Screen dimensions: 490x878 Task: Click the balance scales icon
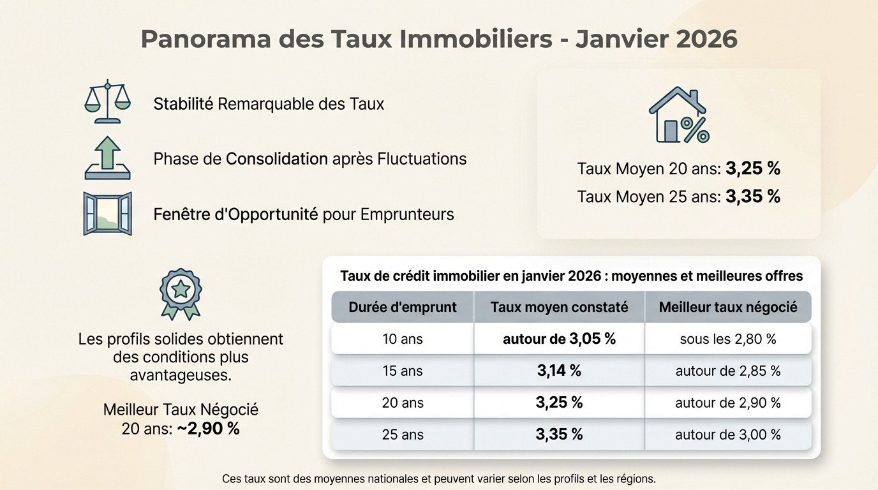107,102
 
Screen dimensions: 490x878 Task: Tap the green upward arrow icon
107,158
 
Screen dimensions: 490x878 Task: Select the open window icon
107,214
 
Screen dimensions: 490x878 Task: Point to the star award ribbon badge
181,293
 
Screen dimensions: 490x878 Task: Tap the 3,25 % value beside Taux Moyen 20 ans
753,168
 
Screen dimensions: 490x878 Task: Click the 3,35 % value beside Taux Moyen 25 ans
753,197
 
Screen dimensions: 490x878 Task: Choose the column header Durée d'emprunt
403,307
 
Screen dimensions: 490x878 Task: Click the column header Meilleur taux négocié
728,307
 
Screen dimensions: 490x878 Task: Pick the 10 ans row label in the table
403,339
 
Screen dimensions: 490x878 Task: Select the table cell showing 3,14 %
559,371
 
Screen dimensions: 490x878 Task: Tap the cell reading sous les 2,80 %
728,339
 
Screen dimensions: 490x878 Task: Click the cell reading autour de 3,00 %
728,434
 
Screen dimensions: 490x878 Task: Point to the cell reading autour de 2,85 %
728,371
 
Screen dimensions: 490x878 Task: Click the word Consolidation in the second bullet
277,158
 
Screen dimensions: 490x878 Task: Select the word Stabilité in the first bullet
183,103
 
